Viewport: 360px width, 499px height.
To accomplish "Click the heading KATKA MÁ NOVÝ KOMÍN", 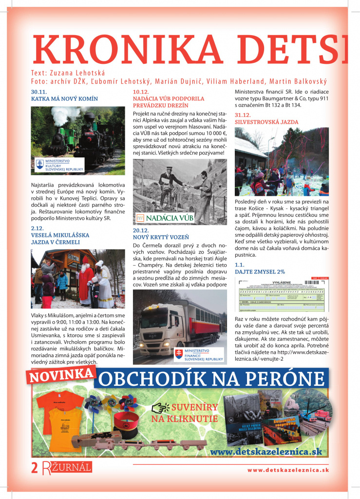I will [64, 98].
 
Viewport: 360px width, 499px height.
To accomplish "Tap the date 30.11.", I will [38, 92].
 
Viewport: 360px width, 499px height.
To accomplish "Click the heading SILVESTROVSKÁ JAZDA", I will [266, 122].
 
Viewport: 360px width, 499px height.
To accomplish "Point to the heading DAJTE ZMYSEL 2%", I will [260, 271].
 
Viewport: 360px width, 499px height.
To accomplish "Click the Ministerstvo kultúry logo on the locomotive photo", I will [59, 164].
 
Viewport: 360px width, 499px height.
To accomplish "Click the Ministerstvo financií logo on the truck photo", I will [199, 354].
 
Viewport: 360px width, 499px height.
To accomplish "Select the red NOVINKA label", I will [62, 375].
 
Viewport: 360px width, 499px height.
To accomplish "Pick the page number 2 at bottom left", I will [34, 468].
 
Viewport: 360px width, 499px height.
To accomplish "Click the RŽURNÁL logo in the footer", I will [66, 468].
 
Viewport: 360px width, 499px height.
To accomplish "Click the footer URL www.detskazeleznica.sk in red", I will [288, 470].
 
